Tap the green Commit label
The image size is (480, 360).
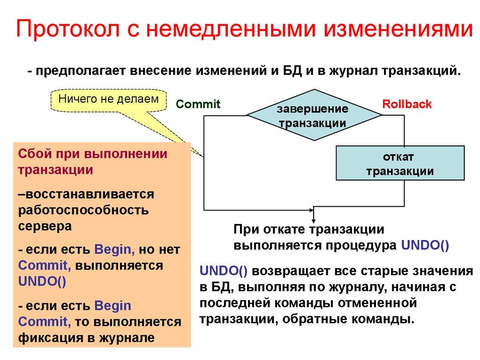click(x=198, y=104)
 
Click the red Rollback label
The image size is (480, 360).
click(x=407, y=104)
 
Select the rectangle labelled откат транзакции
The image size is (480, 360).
click(x=400, y=163)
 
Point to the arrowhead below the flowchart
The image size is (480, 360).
click(x=314, y=218)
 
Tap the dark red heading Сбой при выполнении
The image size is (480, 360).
click(x=93, y=154)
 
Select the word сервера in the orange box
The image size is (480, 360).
click(x=45, y=225)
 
